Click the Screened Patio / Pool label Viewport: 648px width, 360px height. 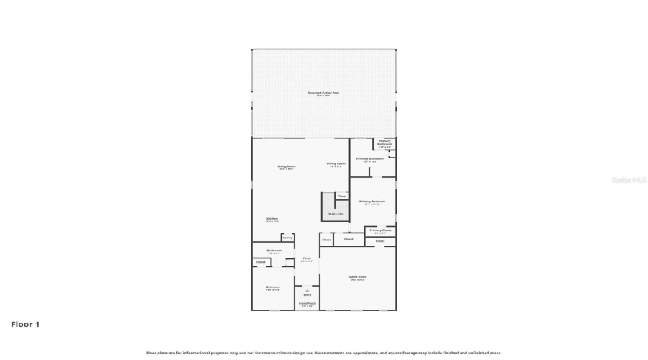click(323, 94)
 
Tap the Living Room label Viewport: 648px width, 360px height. click(287, 167)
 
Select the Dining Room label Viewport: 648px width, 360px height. click(336, 164)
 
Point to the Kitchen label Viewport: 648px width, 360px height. click(272, 219)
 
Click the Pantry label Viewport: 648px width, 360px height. click(287, 237)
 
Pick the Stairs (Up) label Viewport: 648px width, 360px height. click(336, 213)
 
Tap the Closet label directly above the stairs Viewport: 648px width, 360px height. click(341, 196)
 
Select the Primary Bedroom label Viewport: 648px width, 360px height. click(373, 202)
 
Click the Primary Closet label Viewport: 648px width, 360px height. click(380, 230)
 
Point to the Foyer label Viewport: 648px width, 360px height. click(307, 258)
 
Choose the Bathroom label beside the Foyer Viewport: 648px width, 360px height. click(274, 251)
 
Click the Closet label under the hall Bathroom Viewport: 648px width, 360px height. click(261, 262)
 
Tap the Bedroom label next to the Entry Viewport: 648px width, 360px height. click(273, 287)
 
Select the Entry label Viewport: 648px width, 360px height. click(307, 294)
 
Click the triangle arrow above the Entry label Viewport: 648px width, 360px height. click(307, 290)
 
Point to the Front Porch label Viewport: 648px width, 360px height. click(307, 304)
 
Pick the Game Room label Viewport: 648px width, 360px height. click(358, 277)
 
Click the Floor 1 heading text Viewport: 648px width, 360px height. click(25, 325)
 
